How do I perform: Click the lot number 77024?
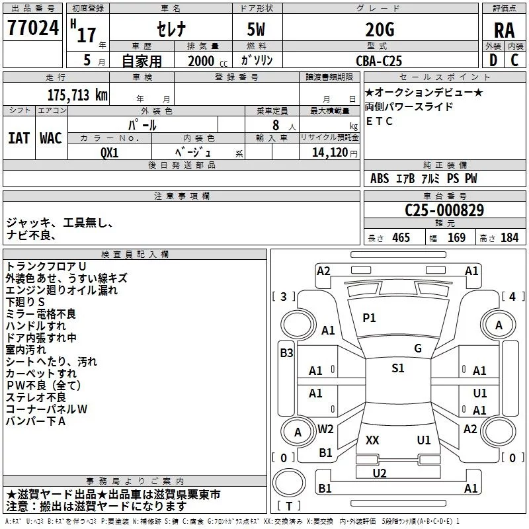32,29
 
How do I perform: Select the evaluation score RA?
504,30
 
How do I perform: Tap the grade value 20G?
379,30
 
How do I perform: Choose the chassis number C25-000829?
444,211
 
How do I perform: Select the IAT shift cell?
19,138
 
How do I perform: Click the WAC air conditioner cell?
51,138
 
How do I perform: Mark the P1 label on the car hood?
369,318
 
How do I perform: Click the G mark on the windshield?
418,348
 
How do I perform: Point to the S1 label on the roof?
397,368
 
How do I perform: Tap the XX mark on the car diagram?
372,440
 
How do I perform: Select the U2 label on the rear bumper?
379,473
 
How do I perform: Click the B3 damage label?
286,353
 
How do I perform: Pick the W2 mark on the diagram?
325,428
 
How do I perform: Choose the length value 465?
400,238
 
